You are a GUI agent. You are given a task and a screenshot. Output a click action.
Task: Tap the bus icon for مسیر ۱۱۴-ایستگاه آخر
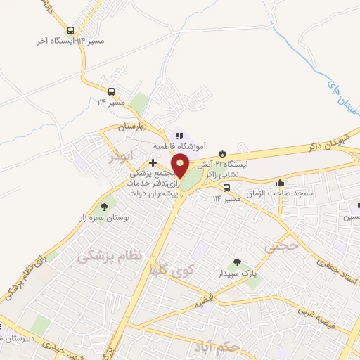70,31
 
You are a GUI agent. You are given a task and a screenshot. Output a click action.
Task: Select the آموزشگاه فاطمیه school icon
179,136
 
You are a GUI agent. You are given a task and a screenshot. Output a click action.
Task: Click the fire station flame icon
223,153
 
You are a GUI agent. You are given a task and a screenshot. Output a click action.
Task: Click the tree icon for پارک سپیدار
237,262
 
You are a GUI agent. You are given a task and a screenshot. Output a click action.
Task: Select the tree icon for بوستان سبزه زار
104,207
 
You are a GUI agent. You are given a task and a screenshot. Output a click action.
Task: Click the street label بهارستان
130,127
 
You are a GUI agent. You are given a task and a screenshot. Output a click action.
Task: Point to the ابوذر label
119,155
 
